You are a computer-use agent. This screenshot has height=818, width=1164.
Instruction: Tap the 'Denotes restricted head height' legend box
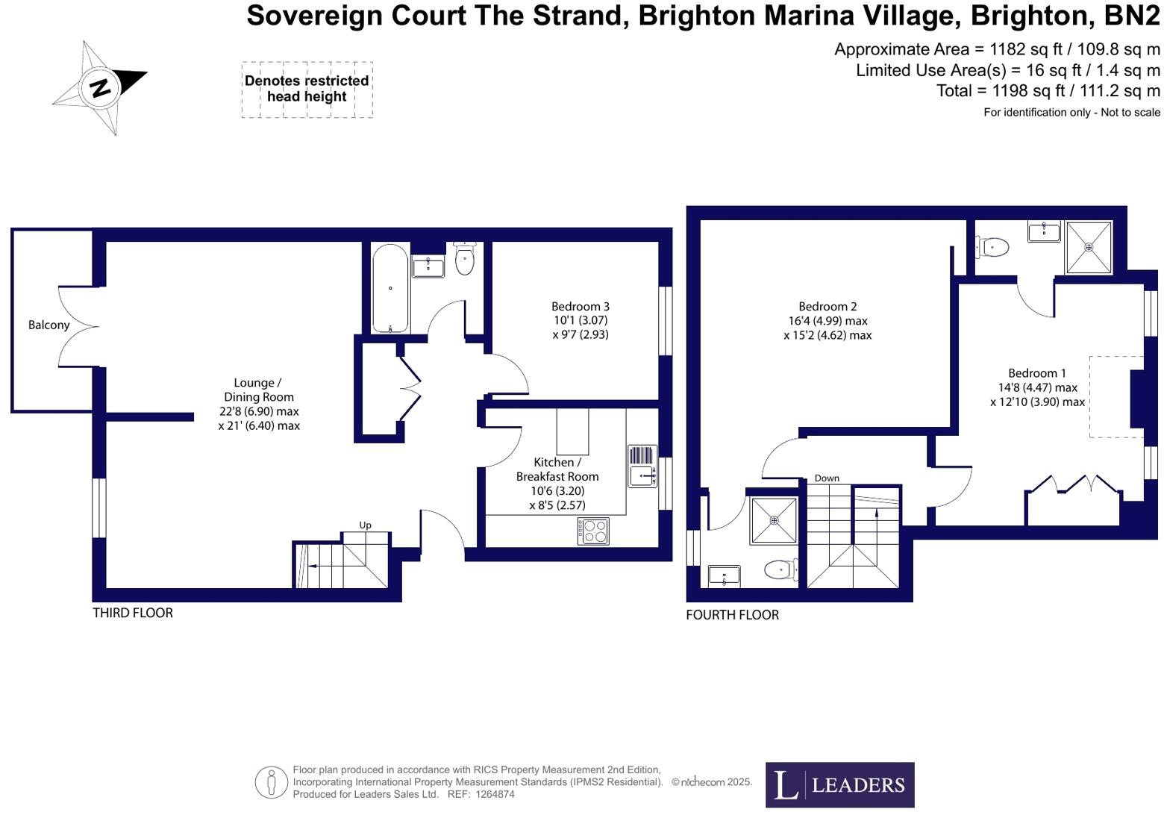point(307,89)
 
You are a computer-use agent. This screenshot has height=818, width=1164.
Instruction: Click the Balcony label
point(48,325)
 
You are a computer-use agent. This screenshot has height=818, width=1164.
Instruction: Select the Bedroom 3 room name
point(580,306)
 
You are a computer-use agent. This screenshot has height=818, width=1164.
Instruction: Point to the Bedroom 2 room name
point(827,306)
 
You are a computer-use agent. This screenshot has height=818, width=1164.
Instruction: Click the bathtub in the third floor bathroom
point(389,288)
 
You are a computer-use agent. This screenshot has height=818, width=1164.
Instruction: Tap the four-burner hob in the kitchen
point(593,531)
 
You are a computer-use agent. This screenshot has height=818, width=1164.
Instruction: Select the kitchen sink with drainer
point(642,466)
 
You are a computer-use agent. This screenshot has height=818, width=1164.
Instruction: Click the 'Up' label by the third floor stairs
point(365,525)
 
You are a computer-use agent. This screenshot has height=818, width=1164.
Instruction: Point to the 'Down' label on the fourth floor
point(826,478)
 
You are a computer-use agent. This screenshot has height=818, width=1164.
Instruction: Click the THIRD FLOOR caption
point(133,613)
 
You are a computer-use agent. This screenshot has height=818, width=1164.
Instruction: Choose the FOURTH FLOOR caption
point(732,615)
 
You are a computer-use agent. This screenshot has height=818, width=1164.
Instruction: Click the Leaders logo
point(839,784)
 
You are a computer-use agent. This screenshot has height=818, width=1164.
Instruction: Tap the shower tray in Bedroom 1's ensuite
point(1088,247)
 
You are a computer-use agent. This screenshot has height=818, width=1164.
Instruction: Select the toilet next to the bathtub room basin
point(464,258)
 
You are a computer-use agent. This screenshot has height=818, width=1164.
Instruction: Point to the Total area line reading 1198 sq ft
point(1048,91)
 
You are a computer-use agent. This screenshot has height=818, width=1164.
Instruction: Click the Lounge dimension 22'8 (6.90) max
point(259,411)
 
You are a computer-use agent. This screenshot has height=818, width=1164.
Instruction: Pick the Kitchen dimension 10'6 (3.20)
point(557,491)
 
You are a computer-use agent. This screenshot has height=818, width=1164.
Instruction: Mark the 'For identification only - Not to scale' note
point(1071,113)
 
